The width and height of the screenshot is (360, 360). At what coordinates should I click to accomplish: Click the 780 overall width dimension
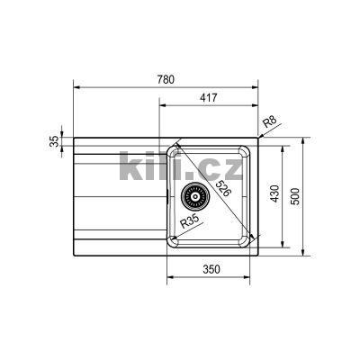coord(166,79)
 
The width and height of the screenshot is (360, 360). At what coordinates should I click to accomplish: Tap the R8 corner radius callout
coord(269,121)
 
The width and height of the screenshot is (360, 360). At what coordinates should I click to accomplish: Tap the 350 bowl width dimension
coord(211,269)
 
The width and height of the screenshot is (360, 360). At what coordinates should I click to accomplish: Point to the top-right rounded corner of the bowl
coord(244,148)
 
